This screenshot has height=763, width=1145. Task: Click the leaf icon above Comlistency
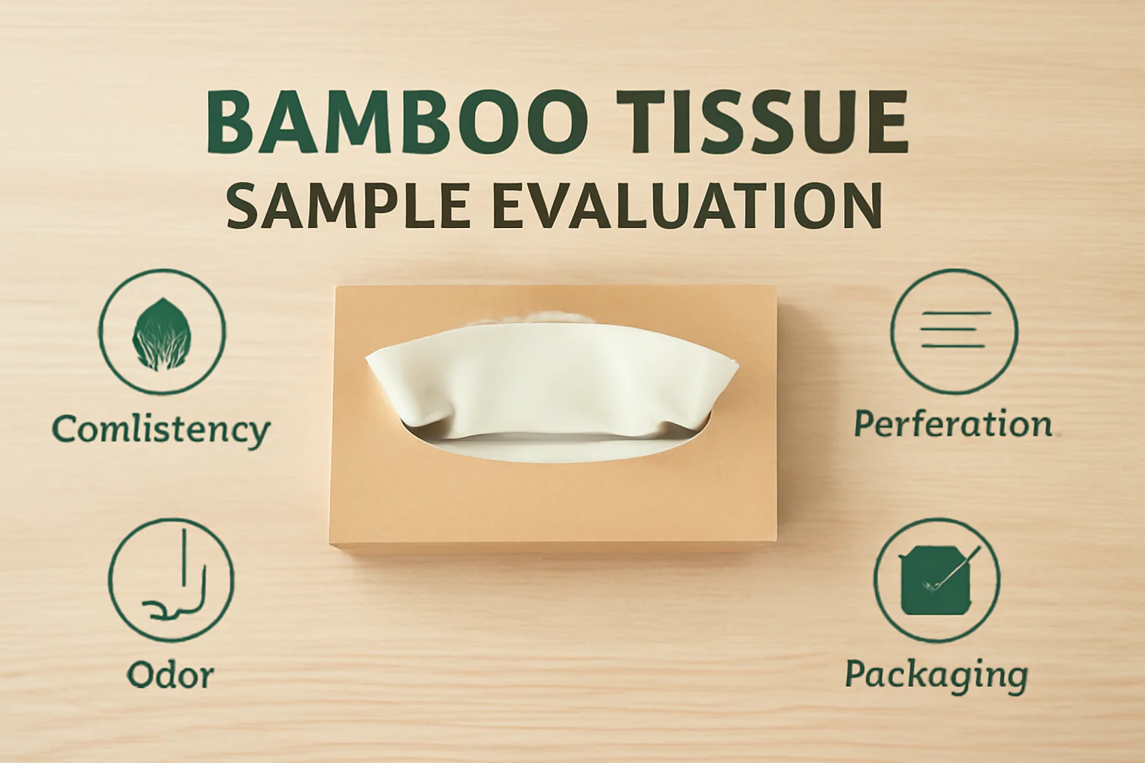(162, 332)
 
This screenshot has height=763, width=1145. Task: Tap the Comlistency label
(161, 429)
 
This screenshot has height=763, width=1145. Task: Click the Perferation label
(953, 423)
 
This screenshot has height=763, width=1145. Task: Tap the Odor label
(171, 675)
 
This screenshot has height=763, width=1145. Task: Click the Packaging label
(936, 675)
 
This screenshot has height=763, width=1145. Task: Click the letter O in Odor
(140, 675)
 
